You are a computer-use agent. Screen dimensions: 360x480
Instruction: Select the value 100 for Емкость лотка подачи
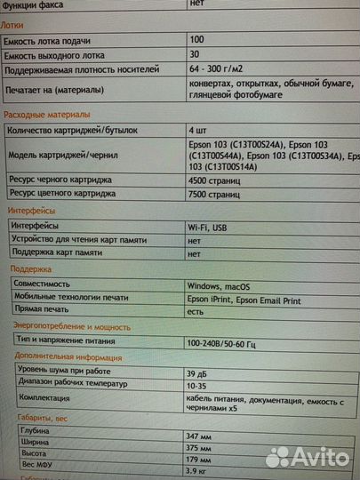(x=197, y=40)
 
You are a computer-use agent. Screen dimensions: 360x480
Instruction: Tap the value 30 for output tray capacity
(x=196, y=55)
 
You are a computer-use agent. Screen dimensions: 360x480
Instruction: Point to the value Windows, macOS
(x=219, y=286)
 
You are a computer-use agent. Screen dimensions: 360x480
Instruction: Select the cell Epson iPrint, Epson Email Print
(x=244, y=300)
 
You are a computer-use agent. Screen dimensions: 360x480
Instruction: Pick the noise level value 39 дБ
(x=198, y=372)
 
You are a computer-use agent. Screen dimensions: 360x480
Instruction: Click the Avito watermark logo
(x=307, y=457)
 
